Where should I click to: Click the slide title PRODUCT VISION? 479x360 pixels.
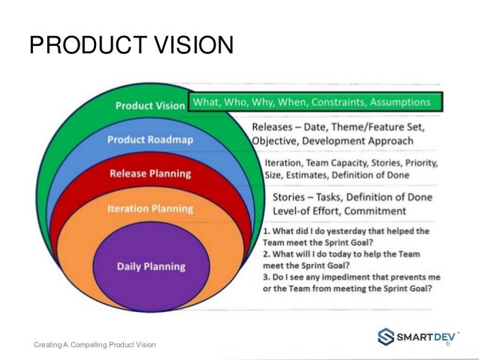click(x=131, y=47)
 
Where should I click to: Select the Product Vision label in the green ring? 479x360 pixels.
click(x=149, y=106)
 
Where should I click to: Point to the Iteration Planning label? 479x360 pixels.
click(x=149, y=208)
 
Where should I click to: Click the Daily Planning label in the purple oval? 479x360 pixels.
click(x=150, y=266)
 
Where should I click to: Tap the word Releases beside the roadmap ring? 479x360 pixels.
click(x=276, y=128)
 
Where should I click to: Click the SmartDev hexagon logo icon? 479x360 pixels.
click(x=385, y=336)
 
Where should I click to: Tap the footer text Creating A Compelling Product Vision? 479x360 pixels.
click(x=95, y=344)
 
